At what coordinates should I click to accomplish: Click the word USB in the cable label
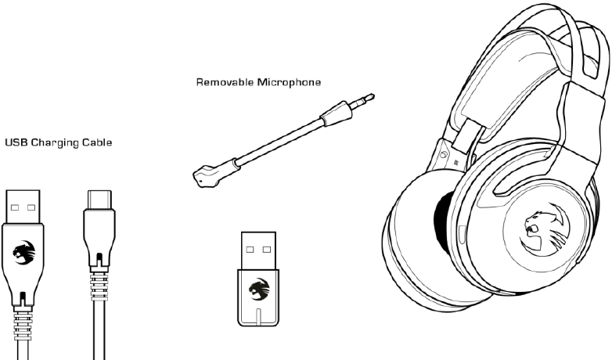click(x=16, y=142)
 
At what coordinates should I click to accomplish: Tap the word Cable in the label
click(x=97, y=142)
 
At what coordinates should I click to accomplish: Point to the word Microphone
click(x=289, y=82)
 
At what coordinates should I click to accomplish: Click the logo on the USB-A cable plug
click(x=23, y=252)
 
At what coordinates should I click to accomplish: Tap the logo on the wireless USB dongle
click(x=259, y=289)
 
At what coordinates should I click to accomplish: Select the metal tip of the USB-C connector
click(x=99, y=200)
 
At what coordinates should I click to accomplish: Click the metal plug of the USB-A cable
click(x=23, y=207)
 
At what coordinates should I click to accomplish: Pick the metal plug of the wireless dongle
click(x=258, y=250)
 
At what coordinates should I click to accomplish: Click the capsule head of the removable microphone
click(x=207, y=175)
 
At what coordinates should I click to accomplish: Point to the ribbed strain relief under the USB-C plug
click(x=99, y=286)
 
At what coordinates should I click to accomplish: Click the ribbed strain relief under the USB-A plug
click(x=23, y=323)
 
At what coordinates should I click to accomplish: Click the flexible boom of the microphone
click(x=279, y=143)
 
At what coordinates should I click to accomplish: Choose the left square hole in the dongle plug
click(x=250, y=250)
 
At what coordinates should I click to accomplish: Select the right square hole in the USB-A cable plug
click(x=31, y=207)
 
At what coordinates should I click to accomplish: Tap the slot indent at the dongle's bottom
click(x=258, y=317)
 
